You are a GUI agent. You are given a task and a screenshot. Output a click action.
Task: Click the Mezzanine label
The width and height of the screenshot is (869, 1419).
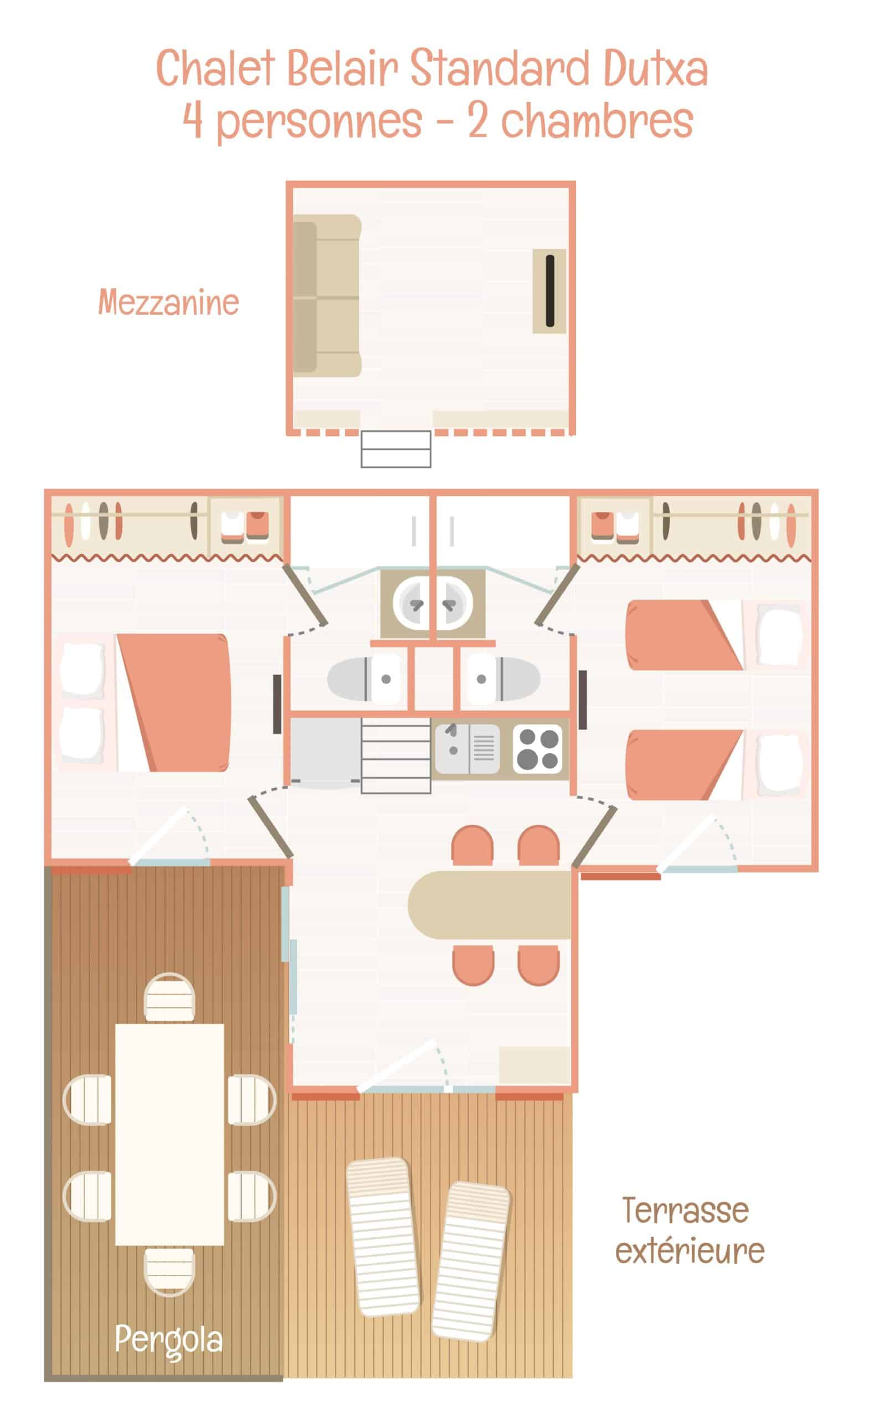168,302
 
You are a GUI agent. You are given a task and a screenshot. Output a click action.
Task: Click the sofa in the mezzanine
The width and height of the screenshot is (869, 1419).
327,296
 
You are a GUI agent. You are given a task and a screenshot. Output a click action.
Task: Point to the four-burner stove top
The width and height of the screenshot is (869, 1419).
537,749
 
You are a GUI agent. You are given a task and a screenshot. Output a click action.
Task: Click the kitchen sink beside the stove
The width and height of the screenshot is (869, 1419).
467,749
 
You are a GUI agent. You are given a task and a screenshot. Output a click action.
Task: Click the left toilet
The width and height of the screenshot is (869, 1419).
364,679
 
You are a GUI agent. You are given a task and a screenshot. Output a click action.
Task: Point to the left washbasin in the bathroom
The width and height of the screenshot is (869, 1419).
412,603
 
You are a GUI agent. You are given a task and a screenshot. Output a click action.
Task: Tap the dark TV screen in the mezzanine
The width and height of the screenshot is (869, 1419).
549,291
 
